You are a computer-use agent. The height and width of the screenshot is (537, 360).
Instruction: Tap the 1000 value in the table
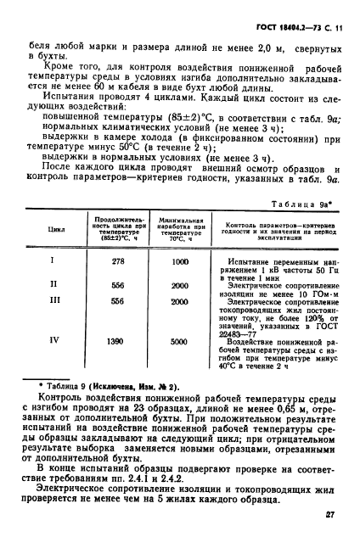179,262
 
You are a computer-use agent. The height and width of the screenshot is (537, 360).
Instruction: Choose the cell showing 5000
179,339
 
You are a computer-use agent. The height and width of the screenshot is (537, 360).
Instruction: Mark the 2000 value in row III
179,300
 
